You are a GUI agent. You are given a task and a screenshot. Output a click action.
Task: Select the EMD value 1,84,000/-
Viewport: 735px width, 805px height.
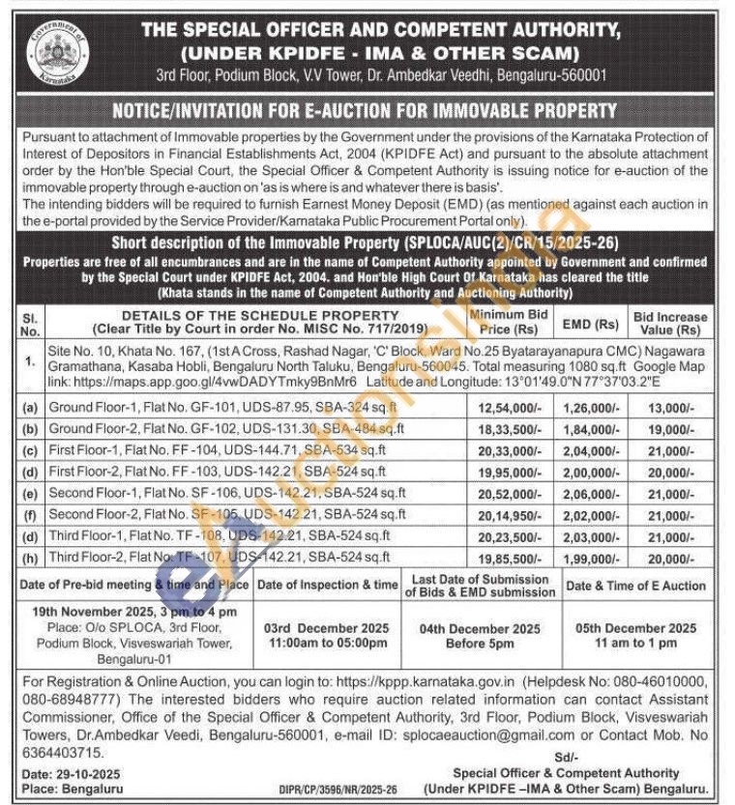click(x=593, y=429)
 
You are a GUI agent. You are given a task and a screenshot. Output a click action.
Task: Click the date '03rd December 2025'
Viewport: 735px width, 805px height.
click(x=327, y=628)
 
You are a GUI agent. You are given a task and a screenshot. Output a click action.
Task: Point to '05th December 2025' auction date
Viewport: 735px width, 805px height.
click(x=635, y=628)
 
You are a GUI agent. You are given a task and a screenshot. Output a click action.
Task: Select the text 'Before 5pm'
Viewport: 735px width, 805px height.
click(x=480, y=644)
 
